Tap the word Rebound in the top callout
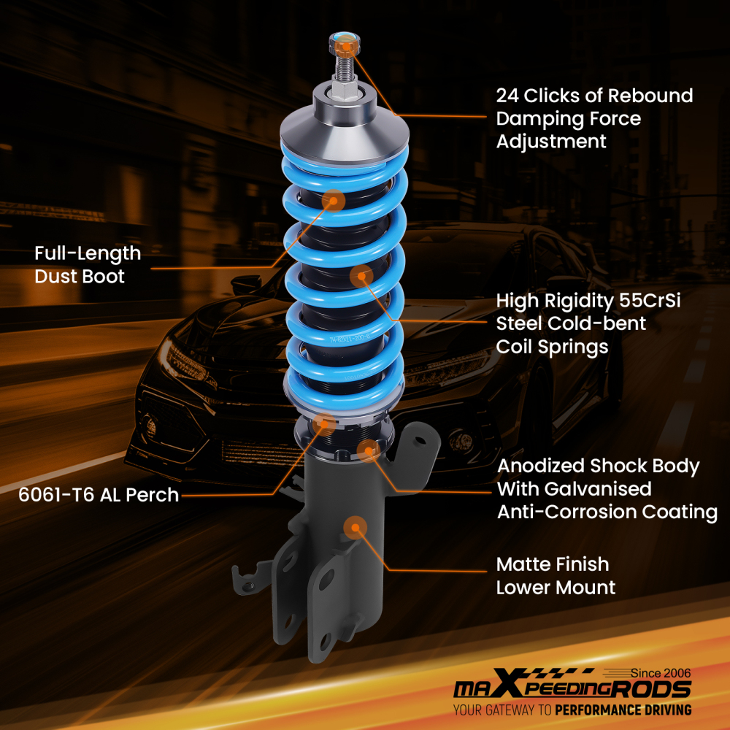tap(650, 96)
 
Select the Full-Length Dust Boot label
tap(88, 265)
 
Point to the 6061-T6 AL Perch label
tap(99, 495)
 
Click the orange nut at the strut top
tap(345, 46)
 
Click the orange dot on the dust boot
tap(334, 200)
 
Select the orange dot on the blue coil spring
tap(362, 276)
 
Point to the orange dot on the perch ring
tap(324, 421)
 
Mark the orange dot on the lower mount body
tap(355, 526)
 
